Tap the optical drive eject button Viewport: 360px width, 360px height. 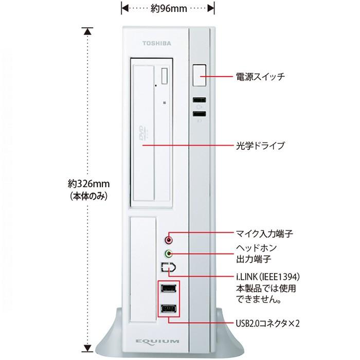[165, 77]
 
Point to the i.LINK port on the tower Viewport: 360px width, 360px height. [169, 267]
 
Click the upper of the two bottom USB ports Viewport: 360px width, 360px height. [169, 289]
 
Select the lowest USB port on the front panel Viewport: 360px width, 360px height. [169, 309]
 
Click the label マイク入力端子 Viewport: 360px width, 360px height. [264, 233]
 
